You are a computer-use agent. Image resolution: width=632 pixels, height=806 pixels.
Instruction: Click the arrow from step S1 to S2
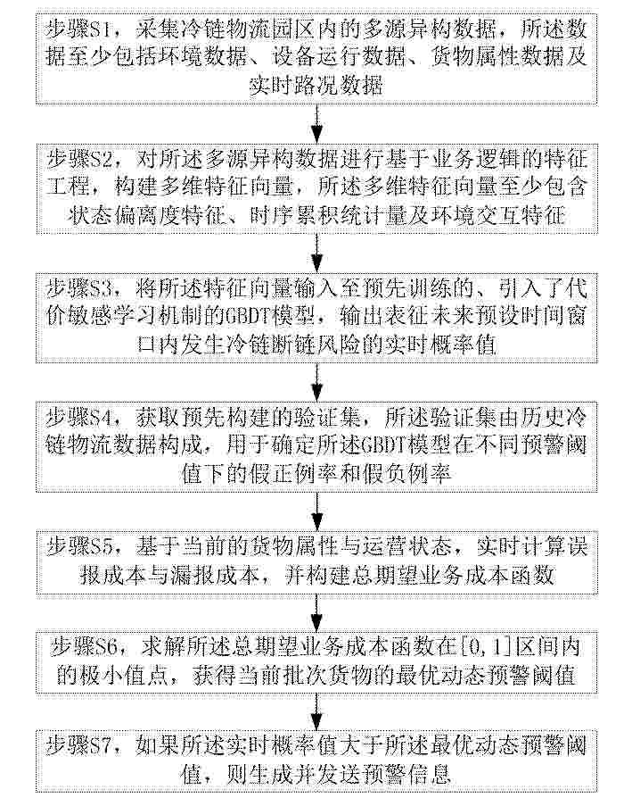(318, 124)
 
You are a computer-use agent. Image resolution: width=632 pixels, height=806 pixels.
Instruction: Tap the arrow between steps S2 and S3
(318, 253)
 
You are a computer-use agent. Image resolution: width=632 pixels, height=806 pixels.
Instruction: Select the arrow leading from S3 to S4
(318, 382)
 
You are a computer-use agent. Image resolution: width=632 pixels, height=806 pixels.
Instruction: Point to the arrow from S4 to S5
(318, 511)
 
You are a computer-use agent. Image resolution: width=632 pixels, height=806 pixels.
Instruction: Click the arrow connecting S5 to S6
(318, 611)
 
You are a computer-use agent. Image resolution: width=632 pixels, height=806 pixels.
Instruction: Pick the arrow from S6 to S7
(318, 710)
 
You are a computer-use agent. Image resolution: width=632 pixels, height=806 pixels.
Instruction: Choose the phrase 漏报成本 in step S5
(213, 575)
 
